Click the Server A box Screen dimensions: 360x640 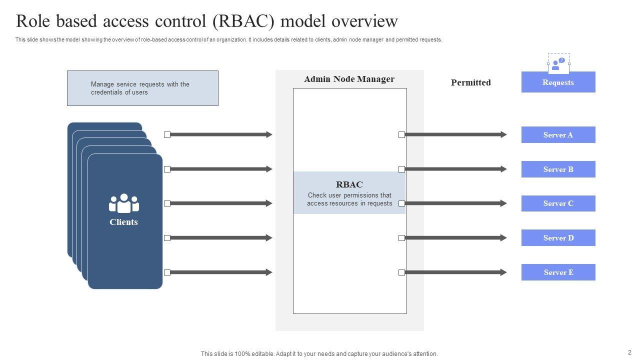tap(558, 135)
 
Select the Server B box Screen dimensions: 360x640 tap(558, 169)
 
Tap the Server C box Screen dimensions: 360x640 tap(558, 203)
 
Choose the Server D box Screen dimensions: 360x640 tap(558, 238)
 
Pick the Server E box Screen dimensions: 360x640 tap(558, 272)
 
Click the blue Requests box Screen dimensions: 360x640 tap(558, 82)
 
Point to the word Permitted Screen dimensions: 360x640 tap(470, 82)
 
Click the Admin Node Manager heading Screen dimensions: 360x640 tap(349, 79)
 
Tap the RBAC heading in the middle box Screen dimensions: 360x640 tap(349, 184)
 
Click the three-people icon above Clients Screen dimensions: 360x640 tap(123, 203)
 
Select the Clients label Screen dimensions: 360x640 tap(123, 222)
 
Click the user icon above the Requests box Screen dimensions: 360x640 tap(558, 63)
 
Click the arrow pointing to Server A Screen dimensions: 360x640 tap(455, 134)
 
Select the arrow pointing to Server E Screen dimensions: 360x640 tap(455, 272)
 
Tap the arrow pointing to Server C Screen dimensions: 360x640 tap(455, 203)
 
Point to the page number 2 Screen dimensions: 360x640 tap(629, 352)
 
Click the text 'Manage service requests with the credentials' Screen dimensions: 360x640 tap(140, 88)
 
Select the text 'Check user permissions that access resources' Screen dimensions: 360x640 tap(349, 199)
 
